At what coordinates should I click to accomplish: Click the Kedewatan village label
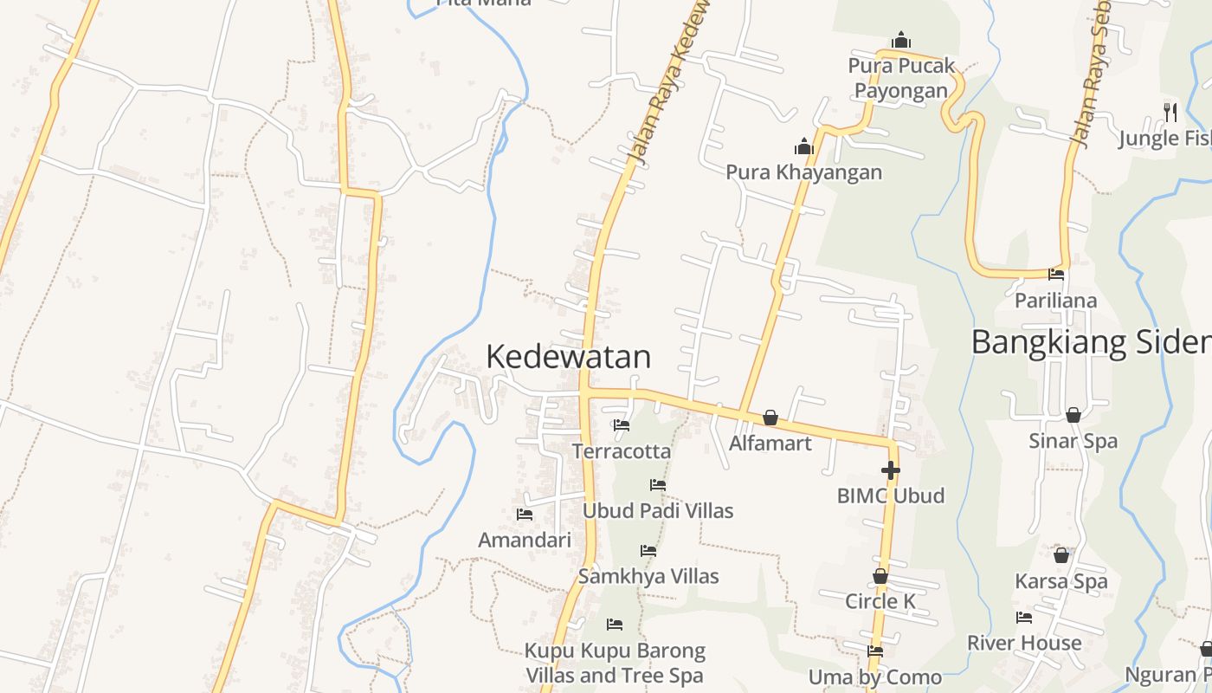click(568, 357)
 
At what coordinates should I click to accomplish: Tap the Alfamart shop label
click(770, 444)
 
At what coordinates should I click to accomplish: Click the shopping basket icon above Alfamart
click(770, 418)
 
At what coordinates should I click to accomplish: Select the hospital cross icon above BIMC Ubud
click(890, 470)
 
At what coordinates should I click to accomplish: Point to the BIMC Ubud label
click(890, 496)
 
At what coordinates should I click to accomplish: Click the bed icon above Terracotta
click(621, 425)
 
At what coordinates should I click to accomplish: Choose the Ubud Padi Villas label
click(657, 511)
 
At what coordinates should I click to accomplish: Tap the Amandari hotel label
click(525, 541)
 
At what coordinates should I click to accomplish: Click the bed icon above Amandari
click(524, 515)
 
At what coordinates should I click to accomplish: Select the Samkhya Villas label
click(648, 576)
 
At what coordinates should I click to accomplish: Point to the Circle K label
click(880, 601)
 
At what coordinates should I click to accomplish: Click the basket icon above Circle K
click(880, 576)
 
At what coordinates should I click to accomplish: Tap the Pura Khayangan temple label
click(803, 172)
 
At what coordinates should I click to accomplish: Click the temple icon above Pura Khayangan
click(804, 146)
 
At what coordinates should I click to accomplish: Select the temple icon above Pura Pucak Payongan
click(901, 40)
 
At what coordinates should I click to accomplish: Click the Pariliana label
click(1055, 301)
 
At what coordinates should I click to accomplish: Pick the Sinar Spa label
click(1073, 441)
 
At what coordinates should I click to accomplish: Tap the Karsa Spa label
click(1060, 581)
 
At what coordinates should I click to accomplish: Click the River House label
click(1024, 643)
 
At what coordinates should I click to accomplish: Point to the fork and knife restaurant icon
click(1170, 112)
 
